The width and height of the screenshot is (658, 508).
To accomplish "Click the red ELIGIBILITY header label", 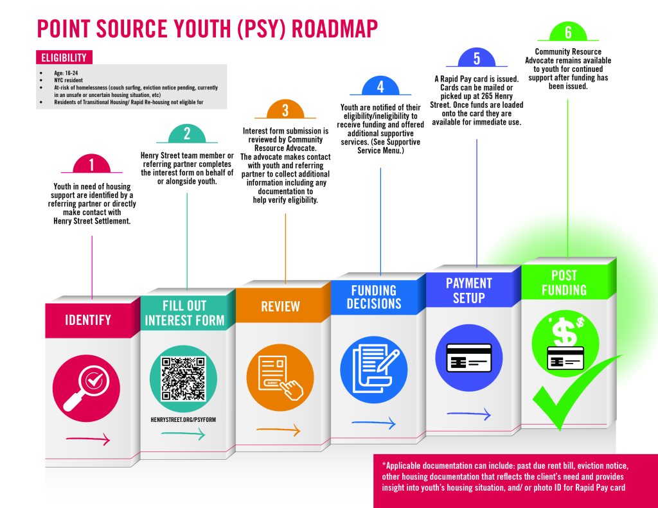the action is pyautogui.click(x=64, y=57).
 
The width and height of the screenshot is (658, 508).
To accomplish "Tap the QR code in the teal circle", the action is pyautogui.click(x=183, y=378).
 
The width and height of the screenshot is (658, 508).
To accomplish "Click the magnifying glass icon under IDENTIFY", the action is pyautogui.click(x=86, y=389).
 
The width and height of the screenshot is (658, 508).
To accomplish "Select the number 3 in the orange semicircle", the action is pyautogui.click(x=285, y=110).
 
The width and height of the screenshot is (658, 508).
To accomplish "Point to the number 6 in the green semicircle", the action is pyautogui.click(x=568, y=32).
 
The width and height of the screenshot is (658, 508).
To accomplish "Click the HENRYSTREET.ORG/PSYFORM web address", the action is pyautogui.click(x=183, y=419).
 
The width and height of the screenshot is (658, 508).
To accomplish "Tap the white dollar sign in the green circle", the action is pyautogui.click(x=564, y=331).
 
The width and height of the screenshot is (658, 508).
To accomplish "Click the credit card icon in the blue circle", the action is pyautogui.click(x=468, y=358).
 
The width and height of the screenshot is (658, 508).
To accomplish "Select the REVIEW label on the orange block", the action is pyautogui.click(x=280, y=306).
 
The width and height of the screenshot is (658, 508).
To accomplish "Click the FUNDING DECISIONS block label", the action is pyautogui.click(x=374, y=297).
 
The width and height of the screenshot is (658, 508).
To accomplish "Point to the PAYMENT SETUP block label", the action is pyautogui.click(x=468, y=290).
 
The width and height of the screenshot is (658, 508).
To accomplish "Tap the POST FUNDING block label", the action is pyautogui.click(x=564, y=283).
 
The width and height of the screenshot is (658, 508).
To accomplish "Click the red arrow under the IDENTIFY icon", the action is pyautogui.click(x=88, y=439).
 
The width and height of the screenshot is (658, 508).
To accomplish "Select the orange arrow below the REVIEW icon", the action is pyautogui.click(x=279, y=430).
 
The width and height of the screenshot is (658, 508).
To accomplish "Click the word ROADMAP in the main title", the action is pyautogui.click(x=334, y=28).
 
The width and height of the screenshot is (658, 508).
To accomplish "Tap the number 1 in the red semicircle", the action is pyautogui.click(x=91, y=165).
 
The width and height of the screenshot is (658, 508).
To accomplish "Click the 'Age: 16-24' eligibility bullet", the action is pyautogui.click(x=66, y=73).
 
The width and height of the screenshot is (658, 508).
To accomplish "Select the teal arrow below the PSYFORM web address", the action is pyautogui.click(x=183, y=434).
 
